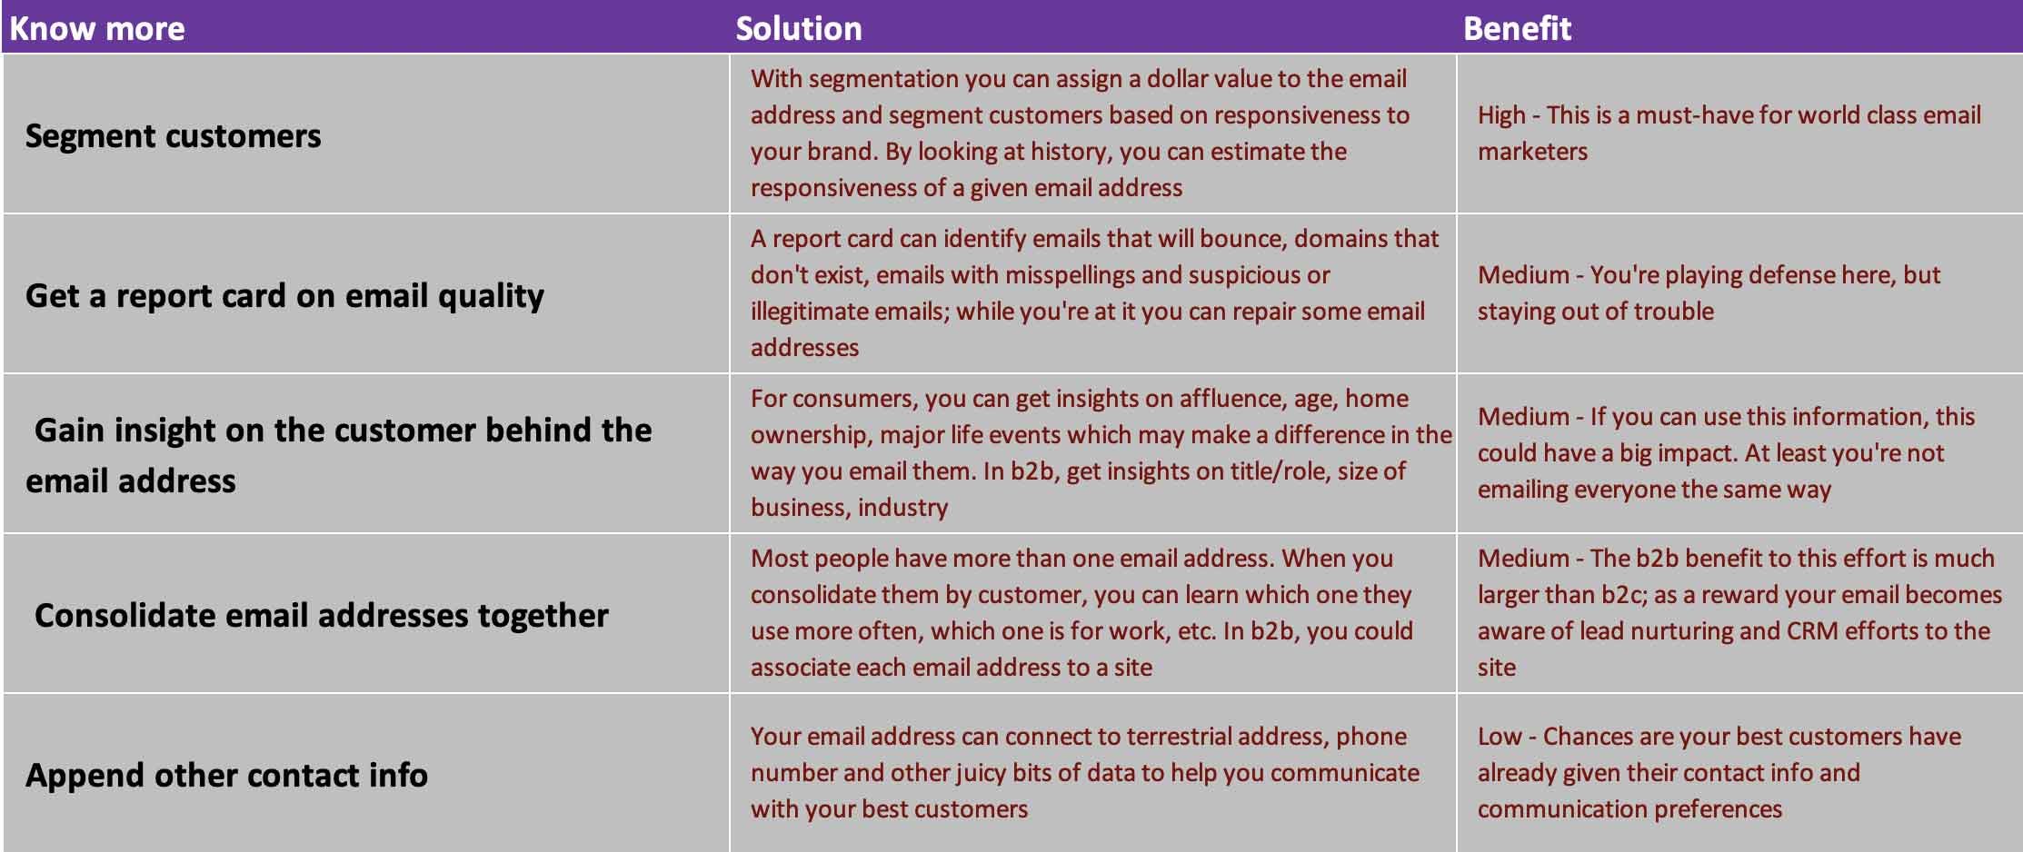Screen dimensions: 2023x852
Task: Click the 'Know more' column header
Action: point(97,28)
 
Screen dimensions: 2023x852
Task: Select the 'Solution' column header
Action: point(799,28)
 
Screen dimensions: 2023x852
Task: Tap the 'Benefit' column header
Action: point(1517,28)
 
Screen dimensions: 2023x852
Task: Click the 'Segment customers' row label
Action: point(173,136)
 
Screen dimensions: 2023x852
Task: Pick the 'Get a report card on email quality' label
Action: point(284,296)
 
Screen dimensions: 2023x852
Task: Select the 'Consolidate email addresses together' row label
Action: point(322,616)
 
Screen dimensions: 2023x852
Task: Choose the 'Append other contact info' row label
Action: point(226,776)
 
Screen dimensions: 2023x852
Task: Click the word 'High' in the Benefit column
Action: point(1501,115)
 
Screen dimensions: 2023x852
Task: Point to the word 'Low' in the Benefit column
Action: point(1500,736)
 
